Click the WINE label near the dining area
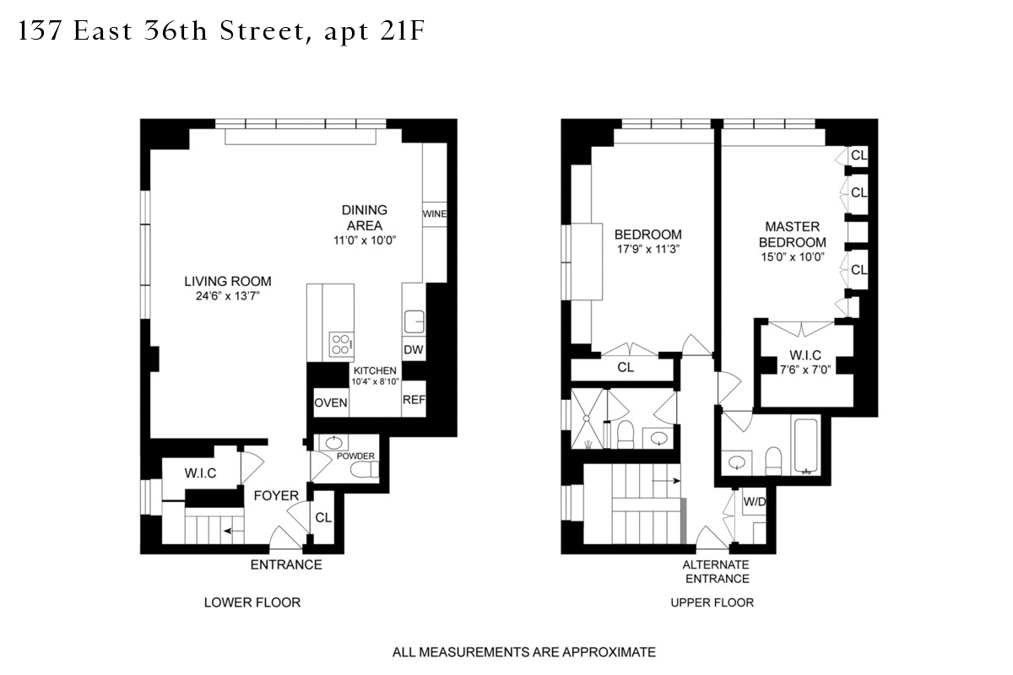(434, 214)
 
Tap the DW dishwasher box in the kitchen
(413, 350)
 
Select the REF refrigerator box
(413, 400)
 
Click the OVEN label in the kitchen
(331, 403)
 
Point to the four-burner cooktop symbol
(342, 345)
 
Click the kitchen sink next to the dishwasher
(414, 321)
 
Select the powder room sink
(331, 444)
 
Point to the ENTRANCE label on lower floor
(286, 564)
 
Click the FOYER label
(276, 495)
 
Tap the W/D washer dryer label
(754, 502)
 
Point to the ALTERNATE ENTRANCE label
(717, 571)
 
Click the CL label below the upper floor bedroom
(626, 368)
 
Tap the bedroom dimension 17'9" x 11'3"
(647, 249)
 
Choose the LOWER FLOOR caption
(252, 602)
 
